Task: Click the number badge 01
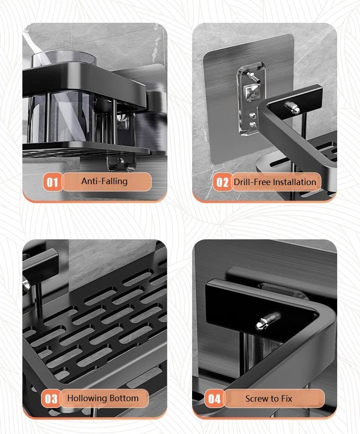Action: coord(52,182)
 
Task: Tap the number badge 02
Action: coord(222,182)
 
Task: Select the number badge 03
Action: coord(51,398)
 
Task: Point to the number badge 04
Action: coord(214,399)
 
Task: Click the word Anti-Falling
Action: coord(104,181)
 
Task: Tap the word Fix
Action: coord(287,398)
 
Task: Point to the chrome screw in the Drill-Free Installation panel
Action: coord(292,108)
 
